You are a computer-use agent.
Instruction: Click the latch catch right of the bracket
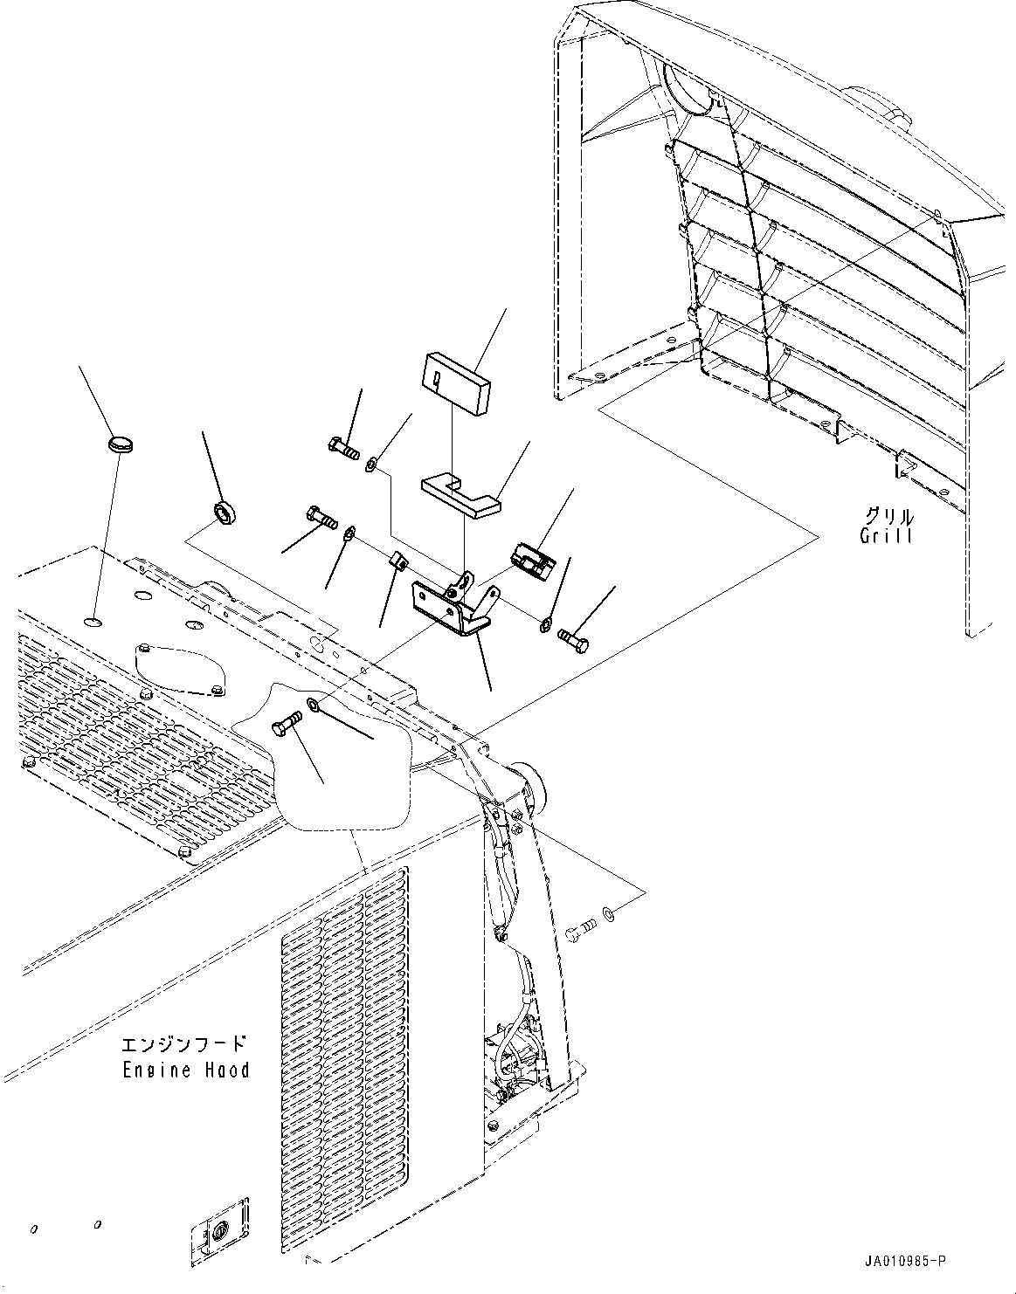pos(532,560)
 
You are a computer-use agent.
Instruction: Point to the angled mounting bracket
pos(453,604)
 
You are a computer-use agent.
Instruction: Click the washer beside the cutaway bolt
pos(313,705)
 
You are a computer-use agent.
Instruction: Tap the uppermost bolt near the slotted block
pos(344,446)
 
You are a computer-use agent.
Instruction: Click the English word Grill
pos(886,536)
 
